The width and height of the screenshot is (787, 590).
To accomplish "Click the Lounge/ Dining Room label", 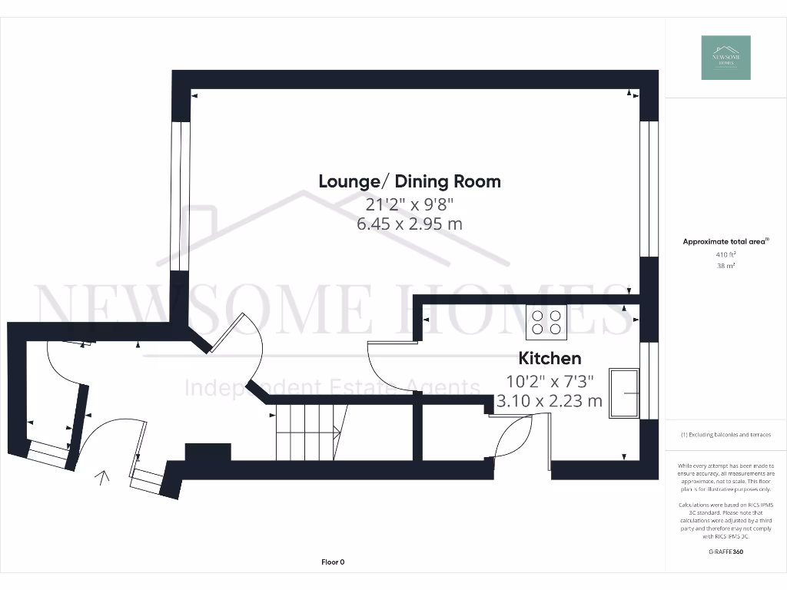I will pos(410,181).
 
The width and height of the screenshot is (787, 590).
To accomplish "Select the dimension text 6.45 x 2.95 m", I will pos(410,224).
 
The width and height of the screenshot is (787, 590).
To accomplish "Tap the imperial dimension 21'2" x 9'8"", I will pos(410,204).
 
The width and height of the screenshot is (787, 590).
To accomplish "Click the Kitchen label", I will pos(550,358).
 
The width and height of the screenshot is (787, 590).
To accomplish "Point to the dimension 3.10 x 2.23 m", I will pos(550,400).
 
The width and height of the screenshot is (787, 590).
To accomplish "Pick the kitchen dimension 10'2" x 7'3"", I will pos(550,380).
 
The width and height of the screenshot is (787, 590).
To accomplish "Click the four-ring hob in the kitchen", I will pos(546,322).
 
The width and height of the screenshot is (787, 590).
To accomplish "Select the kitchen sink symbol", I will pos(624,393).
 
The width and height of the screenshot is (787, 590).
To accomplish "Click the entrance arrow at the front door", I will pos(101,479).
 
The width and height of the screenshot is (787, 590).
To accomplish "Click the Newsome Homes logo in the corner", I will pos(726,58).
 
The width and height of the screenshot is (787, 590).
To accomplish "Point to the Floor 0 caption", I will pos(333,562).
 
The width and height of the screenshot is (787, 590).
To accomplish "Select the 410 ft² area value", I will pos(726,254).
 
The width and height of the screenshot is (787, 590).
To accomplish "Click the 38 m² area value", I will pos(726,265).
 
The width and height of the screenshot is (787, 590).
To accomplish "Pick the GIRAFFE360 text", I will pos(726,552).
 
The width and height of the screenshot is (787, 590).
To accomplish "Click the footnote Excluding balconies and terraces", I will pos(726,435).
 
